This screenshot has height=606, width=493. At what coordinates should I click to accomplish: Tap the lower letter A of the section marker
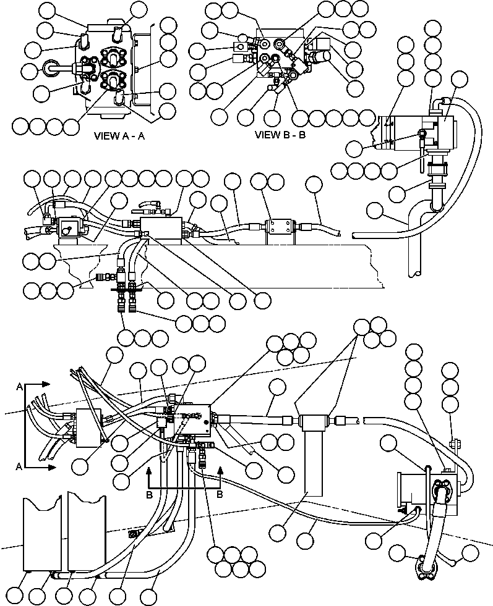[x=20, y=468]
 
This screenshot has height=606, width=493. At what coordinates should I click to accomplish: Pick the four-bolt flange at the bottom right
[x=425, y=568]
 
